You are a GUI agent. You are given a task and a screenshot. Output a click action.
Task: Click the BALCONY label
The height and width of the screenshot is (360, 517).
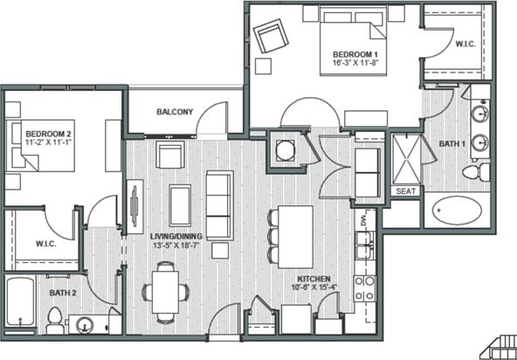coord(175,112)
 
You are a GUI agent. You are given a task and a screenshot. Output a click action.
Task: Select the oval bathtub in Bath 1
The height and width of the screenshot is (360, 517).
coord(457,211)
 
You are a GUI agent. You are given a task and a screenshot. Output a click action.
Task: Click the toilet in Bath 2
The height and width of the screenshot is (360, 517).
coord(55,320)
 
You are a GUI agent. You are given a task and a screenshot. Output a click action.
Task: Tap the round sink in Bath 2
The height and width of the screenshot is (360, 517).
coord(85,326)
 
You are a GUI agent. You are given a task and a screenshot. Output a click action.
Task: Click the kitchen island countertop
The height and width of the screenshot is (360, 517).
coord(295,235)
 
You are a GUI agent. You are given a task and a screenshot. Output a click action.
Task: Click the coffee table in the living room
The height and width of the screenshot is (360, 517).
coord(180,205)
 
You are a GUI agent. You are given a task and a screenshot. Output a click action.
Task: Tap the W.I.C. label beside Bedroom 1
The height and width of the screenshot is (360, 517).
coord(465,43)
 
